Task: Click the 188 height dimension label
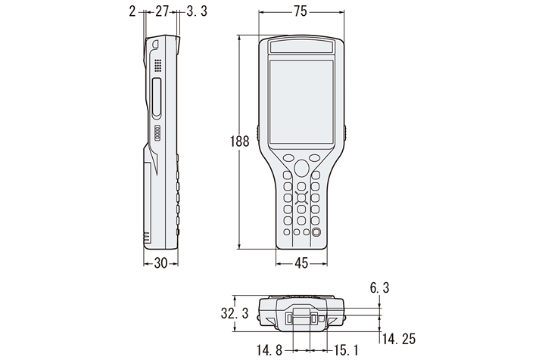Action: click(240, 141)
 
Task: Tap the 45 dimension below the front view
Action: click(301, 263)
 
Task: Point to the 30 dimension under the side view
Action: click(160, 263)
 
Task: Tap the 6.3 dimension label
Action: click(379, 287)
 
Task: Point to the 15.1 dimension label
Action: click(346, 350)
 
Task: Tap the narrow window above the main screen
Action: click(301, 48)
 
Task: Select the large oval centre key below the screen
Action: click(301, 166)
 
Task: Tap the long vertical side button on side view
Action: click(157, 97)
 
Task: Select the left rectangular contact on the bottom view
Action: click(290, 321)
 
